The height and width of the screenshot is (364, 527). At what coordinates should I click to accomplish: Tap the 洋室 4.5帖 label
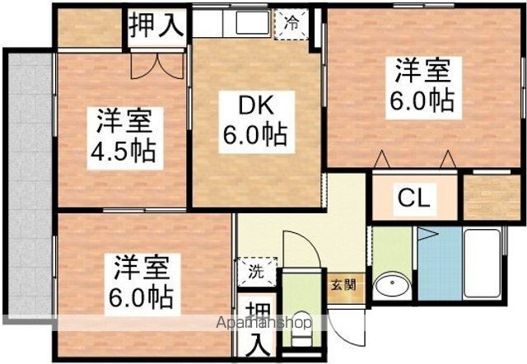pyautogui.click(x=125, y=138)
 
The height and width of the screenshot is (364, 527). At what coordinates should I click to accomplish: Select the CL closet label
pyautogui.click(x=414, y=198)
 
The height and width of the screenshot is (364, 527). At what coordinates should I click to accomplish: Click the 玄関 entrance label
pyautogui.click(x=343, y=286)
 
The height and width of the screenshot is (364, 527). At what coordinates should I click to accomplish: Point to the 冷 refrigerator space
pyautogui.click(x=291, y=24)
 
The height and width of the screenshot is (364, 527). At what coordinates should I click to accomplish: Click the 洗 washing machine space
pyautogui.click(x=256, y=272)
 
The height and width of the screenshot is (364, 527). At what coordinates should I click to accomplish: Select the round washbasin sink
pyautogui.click(x=392, y=286)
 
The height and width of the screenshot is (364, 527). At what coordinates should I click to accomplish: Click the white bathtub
pyautogui.click(x=482, y=264)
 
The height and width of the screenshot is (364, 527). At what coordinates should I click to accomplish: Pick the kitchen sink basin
pyautogui.click(x=253, y=22)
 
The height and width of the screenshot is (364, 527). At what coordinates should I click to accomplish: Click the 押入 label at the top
pyautogui.click(x=156, y=25)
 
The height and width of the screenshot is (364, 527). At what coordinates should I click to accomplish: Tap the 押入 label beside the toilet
pyautogui.click(x=258, y=329)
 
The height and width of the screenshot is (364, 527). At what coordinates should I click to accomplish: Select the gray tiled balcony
pyautogui.click(x=30, y=184)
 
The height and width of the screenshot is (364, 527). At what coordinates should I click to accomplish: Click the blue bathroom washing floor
pyautogui.click(x=440, y=264)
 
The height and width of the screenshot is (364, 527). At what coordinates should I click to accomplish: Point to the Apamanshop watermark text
pyautogui.click(x=263, y=323)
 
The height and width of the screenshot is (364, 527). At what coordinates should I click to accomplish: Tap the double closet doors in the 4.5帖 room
pyautogui.click(x=157, y=66)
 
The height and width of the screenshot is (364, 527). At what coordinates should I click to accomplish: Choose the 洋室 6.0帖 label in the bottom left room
pyautogui.click(x=142, y=284)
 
